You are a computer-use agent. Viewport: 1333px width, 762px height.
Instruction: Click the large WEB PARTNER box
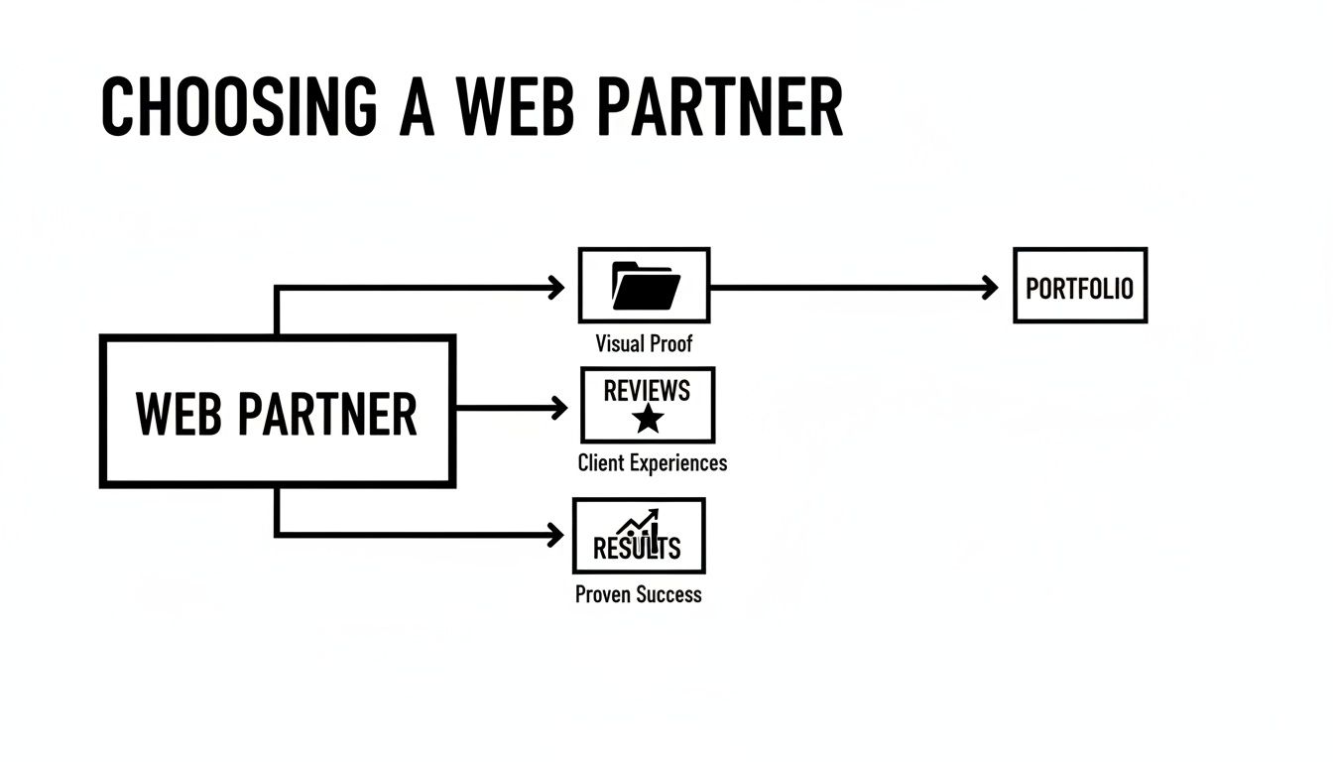point(278,412)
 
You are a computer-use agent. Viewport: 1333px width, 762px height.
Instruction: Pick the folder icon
point(646,286)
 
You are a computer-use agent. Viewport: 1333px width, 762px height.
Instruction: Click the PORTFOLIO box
point(1079,287)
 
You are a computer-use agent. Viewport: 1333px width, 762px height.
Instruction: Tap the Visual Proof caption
point(644,344)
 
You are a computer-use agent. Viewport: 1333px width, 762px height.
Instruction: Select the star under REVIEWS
point(648,420)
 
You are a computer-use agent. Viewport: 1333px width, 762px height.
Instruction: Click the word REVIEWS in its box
point(647,390)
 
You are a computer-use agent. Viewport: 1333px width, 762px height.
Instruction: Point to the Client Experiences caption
point(652,462)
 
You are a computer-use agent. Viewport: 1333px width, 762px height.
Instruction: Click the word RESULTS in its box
point(637,548)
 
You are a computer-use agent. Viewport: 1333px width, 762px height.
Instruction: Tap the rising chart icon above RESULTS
point(640,525)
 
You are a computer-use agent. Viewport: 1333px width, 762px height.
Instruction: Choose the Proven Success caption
point(638,594)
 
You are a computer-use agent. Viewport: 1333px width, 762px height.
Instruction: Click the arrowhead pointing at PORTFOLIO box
point(990,288)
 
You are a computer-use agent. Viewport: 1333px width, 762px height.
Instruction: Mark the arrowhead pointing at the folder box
point(555,288)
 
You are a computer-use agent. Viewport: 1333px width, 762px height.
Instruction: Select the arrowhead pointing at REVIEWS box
point(559,408)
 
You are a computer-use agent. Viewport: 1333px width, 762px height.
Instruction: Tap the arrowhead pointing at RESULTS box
point(555,536)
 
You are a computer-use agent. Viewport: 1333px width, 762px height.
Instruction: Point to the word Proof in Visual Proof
point(671,344)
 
